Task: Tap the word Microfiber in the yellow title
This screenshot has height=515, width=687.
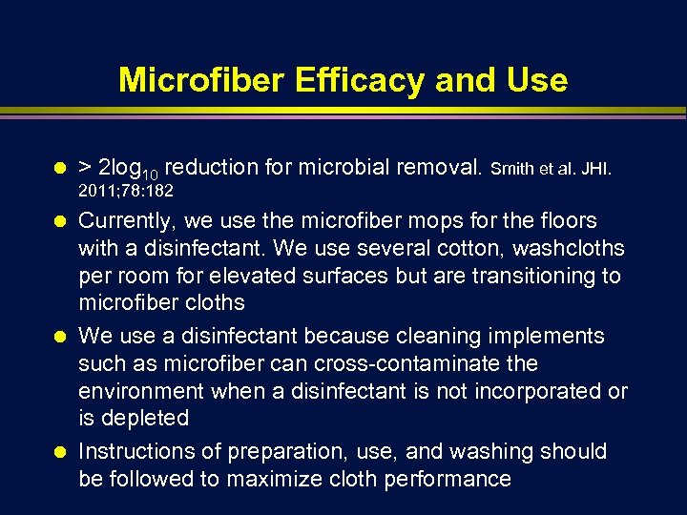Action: coord(202,80)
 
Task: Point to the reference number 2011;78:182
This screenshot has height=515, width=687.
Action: coord(126,193)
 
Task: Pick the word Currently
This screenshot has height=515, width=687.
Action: coord(124,222)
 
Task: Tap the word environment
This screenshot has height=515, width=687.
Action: coord(141,391)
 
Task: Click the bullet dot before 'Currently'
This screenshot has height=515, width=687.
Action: coord(59,221)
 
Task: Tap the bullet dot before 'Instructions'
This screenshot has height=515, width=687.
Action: coord(59,452)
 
